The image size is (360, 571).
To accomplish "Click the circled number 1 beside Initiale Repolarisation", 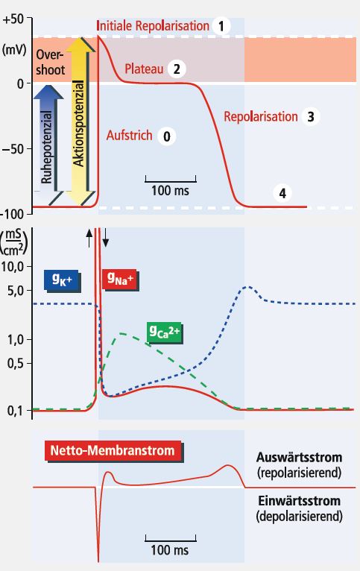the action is tap(221, 26).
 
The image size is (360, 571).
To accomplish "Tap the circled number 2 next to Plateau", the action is tap(177, 69).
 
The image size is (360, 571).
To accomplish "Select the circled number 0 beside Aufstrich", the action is tap(167, 136).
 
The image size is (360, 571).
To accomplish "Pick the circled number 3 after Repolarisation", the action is tap(311, 117).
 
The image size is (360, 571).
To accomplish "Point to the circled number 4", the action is tap(282, 193).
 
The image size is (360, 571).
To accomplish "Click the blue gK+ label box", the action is tap(62, 280).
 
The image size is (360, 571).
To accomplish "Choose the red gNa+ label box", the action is tap(121, 279).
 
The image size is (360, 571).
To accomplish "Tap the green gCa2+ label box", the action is tap(165, 332).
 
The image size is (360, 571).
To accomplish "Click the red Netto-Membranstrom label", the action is tap(113, 451).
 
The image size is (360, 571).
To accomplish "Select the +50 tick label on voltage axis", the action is tap(13, 19).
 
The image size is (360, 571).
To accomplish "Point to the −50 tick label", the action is tap(13, 149).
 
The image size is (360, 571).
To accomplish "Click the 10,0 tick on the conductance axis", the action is tap(13, 267).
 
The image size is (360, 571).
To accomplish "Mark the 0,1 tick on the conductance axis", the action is tap(16, 411).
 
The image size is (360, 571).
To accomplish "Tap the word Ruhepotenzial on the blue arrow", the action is tap(47, 148).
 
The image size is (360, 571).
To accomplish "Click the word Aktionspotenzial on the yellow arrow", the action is tap(78, 123).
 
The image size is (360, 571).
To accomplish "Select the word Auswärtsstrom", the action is tap(299, 457).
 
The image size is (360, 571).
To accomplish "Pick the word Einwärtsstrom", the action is tap(299, 501).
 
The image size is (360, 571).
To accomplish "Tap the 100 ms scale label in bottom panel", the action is tap(170, 549).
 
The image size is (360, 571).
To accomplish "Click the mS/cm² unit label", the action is tap(15, 242).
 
